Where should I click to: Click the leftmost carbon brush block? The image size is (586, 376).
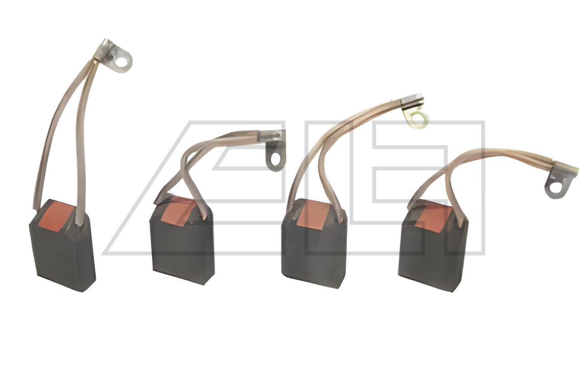coord(62,246)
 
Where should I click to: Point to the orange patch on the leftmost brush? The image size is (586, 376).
coord(59,216)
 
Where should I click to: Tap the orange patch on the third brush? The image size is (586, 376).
coord(313,215)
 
